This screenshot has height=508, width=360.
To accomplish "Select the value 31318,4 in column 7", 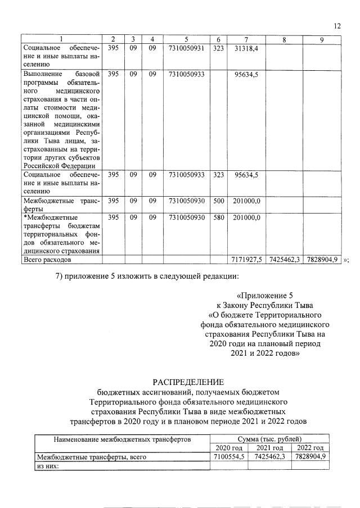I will tap(245, 49).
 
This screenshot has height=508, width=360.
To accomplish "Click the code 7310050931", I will tap(186, 49).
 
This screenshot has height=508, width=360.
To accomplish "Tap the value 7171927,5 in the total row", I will tap(246, 260).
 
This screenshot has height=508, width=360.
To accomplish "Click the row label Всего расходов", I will tap(47, 260).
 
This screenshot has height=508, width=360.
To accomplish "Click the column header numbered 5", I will tap(186, 39).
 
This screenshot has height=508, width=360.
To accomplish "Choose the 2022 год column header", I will tap(310, 447).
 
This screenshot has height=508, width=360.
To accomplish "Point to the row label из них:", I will tap(48, 465).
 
